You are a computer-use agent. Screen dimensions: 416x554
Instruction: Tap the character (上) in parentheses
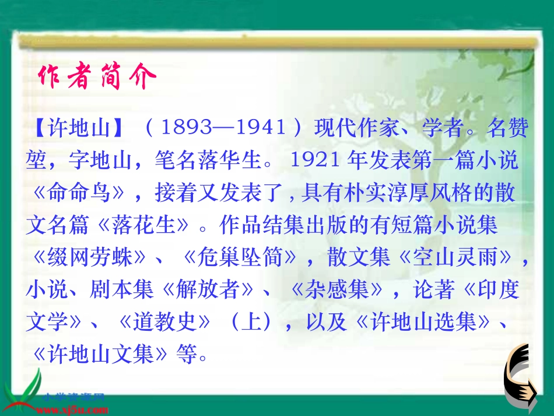(x=251, y=322)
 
